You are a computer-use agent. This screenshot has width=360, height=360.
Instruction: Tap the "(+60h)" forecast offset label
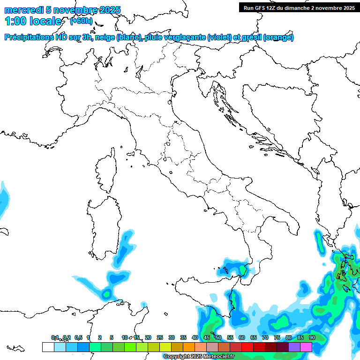[81, 21]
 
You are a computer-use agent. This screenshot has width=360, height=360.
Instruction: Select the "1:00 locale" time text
[33, 21]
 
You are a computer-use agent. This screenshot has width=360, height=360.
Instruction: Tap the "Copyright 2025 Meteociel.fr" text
[199, 357]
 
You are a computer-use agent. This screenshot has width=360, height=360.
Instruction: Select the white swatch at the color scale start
[48, 347]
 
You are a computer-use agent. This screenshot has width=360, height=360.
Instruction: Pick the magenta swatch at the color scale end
[306, 347]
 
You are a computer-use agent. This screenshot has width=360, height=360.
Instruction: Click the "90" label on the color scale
[312, 338]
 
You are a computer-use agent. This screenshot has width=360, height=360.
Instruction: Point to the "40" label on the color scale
[195, 338]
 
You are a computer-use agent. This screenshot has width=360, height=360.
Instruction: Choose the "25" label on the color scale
[159, 338]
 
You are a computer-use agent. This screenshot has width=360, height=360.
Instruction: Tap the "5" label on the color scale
[112, 338]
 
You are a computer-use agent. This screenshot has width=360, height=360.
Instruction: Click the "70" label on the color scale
[265, 338]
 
